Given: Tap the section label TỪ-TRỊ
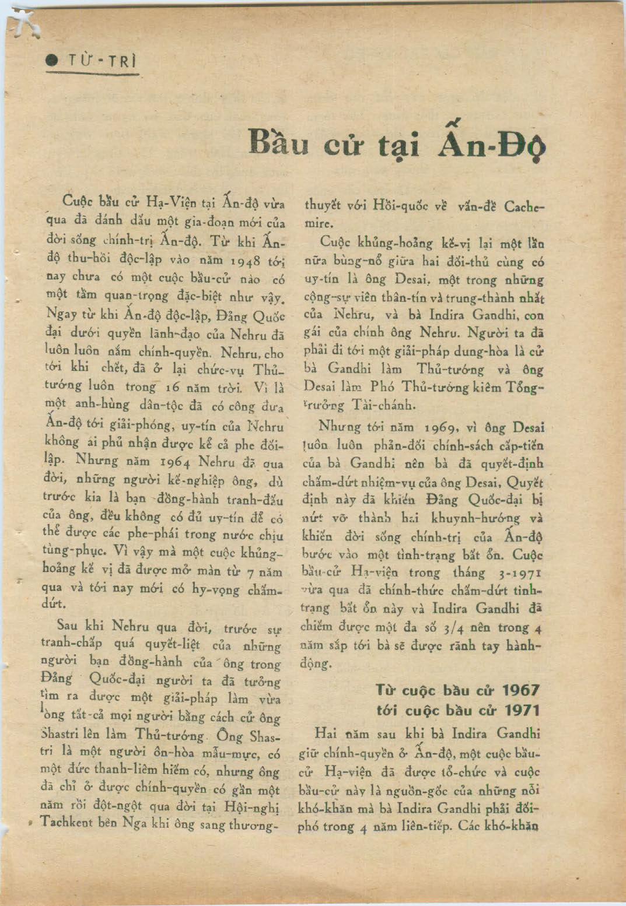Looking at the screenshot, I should [x=102, y=61].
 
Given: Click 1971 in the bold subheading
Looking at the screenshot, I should [x=520, y=710].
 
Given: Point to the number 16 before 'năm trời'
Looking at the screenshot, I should [x=173, y=387].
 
